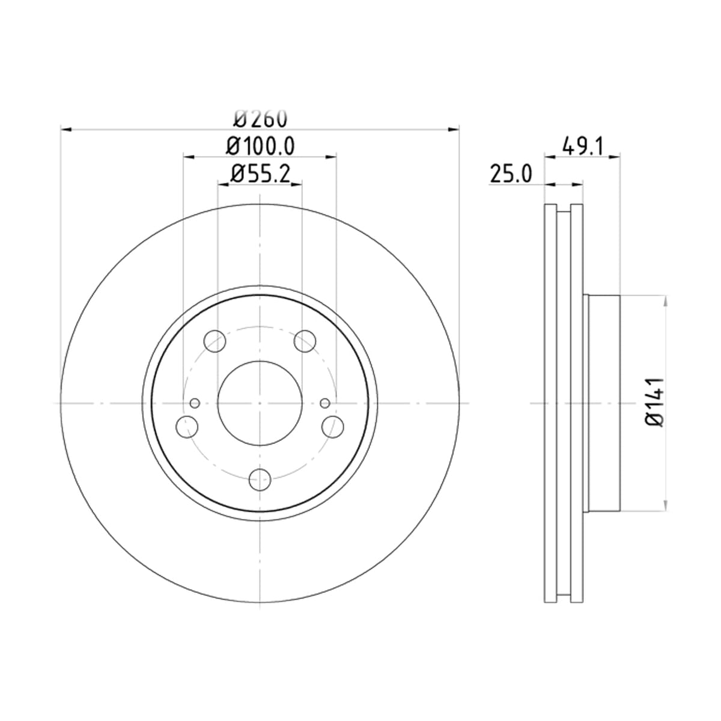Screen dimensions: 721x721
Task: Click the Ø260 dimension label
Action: (260, 118)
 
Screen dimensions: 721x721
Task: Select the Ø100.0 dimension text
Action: (260, 146)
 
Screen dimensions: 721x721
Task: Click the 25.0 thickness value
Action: (510, 174)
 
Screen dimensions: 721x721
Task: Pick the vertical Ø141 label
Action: (654, 402)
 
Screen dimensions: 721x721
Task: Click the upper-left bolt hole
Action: (214, 341)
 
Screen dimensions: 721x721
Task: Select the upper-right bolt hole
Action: (305, 341)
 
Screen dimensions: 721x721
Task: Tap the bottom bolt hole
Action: (260, 479)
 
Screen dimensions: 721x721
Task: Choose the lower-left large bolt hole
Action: (187, 426)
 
